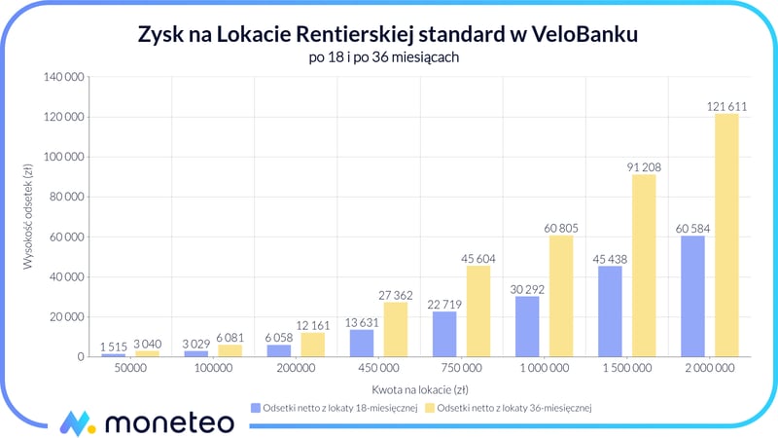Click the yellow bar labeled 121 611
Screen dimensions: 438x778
coord(726,236)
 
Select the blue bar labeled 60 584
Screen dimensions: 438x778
coord(693,296)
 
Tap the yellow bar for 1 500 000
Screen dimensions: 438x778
coord(644,266)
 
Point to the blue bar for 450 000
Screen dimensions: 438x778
coord(362,343)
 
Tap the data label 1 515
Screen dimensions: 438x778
coord(113,346)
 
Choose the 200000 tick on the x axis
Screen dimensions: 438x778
coord(296,369)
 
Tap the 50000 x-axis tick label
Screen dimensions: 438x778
coord(129,369)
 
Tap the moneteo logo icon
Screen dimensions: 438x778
coord(77,422)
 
